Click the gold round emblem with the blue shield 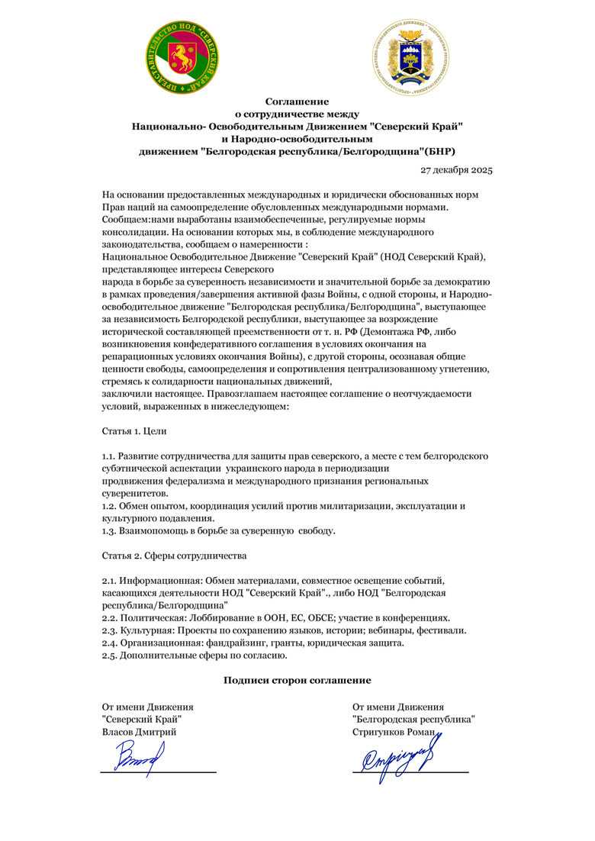pyautogui.click(x=410, y=57)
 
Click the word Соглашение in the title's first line pyautogui.click(x=297, y=101)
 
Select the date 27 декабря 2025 pyautogui.click(x=456, y=169)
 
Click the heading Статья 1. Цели pyautogui.click(x=134, y=431)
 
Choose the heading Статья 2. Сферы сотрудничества pyautogui.click(x=174, y=556)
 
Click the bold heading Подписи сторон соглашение pyautogui.click(x=297, y=680)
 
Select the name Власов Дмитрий pyautogui.click(x=139, y=732)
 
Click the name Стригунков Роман pyautogui.click(x=394, y=732)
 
